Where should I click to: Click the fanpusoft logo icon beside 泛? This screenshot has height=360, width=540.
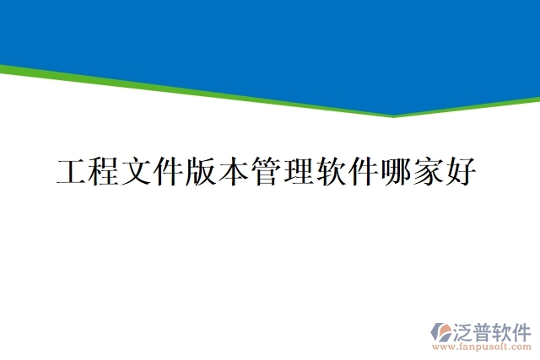pos(441,332)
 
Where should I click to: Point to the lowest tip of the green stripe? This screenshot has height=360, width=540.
pos(393,116)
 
